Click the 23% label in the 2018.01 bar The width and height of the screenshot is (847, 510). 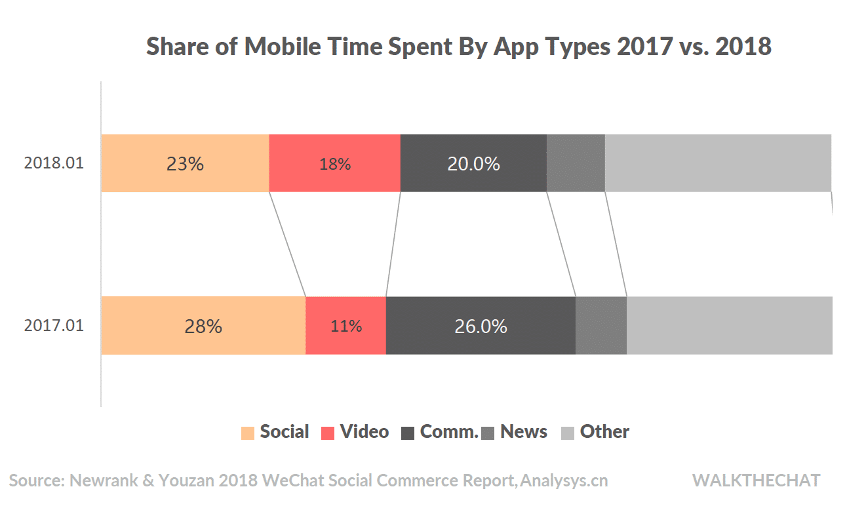coord(185,164)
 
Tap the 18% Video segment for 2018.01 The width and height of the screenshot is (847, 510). coord(334,164)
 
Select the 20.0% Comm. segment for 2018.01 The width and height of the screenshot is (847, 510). coord(473,164)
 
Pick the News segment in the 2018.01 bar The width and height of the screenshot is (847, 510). coord(576,164)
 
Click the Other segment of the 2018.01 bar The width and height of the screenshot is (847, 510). coord(718,164)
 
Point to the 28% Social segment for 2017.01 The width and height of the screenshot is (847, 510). coord(203,326)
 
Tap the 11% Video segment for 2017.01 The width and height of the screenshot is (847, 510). coord(345,326)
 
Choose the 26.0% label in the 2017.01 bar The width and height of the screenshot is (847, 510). coord(481,326)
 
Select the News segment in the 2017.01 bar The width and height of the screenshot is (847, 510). coord(601,326)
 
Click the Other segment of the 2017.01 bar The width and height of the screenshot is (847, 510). coord(729,326)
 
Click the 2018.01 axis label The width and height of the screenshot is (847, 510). coord(54,163)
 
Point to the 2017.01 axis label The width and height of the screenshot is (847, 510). coord(54,325)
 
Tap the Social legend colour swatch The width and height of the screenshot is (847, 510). coord(248,433)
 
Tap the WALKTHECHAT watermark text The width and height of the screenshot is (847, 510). coord(756,481)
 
